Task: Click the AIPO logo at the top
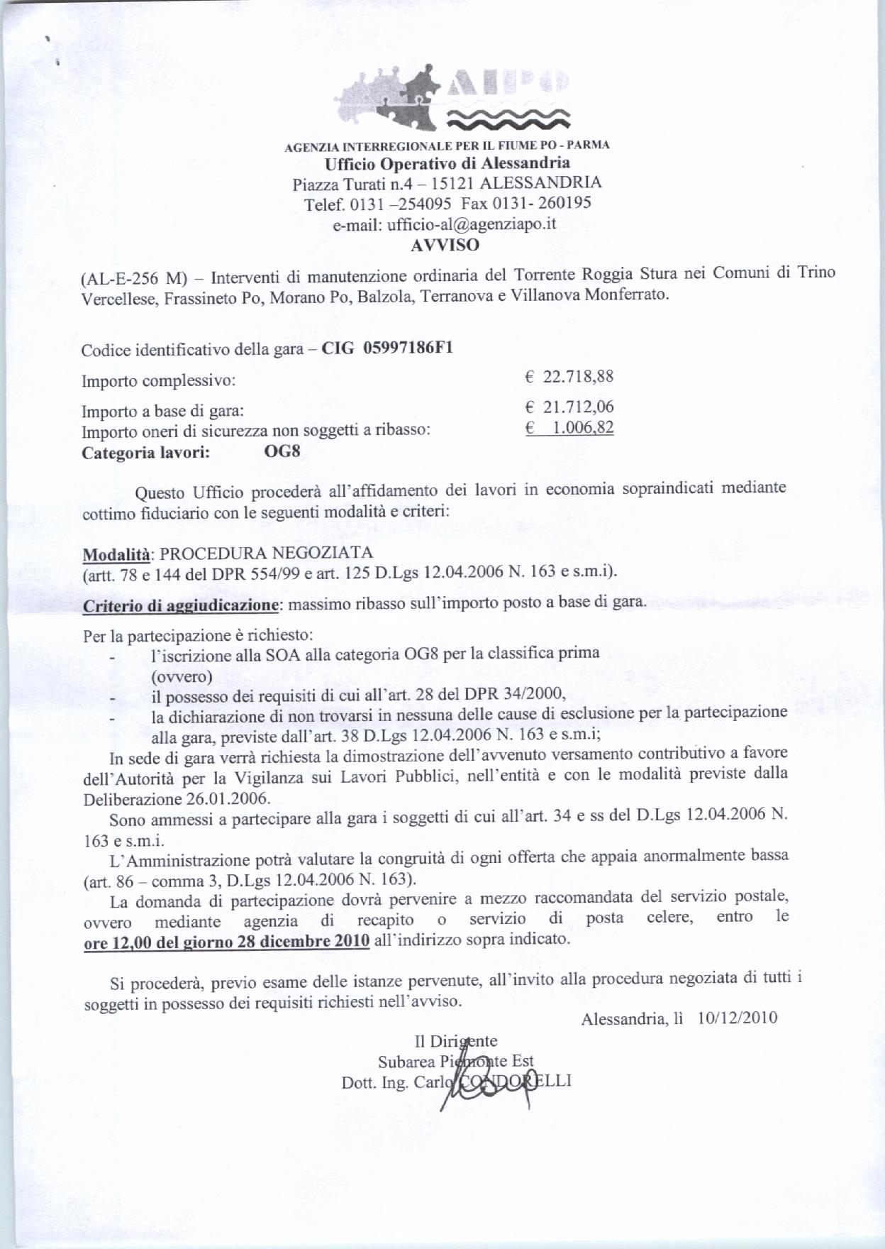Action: pyautogui.click(x=454, y=100)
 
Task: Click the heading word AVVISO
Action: pyautogui.click(x=445, y=246)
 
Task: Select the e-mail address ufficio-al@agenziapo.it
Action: pyautogui.click(x=445, y=224)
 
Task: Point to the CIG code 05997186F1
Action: pyautogui.click(x=408, y=348)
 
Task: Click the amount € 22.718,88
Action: pyautogui.click(x=569, y=377)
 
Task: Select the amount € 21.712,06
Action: pyautogui.click(x=569, y=407)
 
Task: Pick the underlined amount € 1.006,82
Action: pyautogui.click(x=569, y=428)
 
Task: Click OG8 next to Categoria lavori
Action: pyautogui.click(x=282, y=451)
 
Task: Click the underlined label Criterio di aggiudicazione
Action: pyautogui.click(x=179, y=605)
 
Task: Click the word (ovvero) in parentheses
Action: pyautogui.click(x=182, y=676)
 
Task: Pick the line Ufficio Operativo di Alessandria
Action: pyautogui.click(x=447, y=164)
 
